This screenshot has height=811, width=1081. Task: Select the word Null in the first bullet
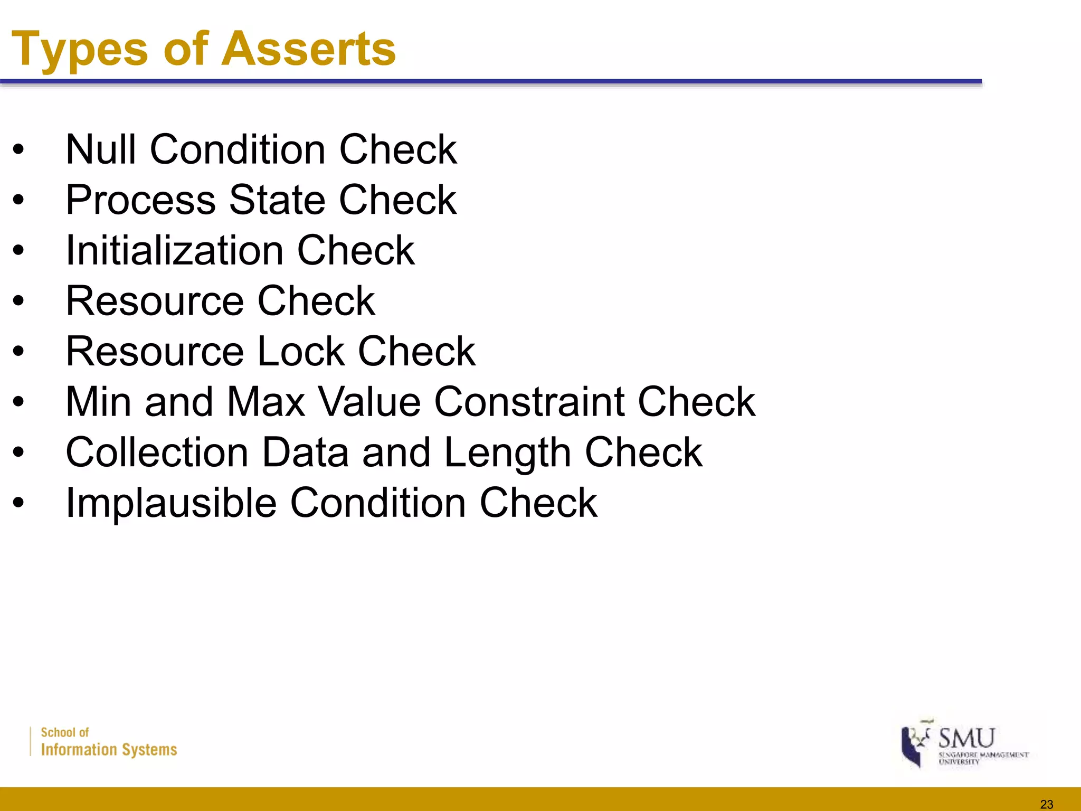pos(101,149)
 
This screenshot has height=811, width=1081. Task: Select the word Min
pos(98,402)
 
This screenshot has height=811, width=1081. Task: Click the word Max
pos(266,402)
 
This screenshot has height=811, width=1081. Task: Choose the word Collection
pos(157,452)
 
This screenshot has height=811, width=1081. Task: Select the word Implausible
pos(171,503)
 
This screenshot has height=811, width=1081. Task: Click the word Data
pos(306,452)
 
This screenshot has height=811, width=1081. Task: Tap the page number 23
pos(1046,804)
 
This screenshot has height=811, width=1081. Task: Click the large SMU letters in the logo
pos(966,738)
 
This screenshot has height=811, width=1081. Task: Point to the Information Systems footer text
pos(109,750)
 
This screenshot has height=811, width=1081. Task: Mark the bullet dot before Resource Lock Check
pos(19,351)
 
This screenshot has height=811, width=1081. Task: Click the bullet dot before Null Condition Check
pos(19,149)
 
